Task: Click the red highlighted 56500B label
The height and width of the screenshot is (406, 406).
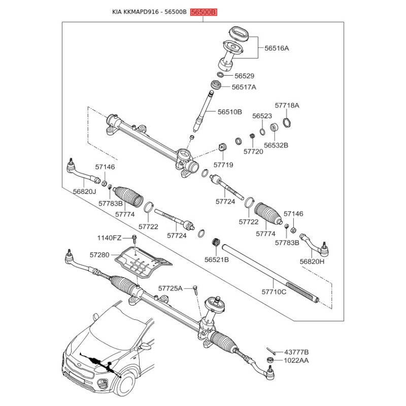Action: click(204, 12)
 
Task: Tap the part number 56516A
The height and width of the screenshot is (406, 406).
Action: click(277, 48)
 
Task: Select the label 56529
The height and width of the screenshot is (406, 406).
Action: click(244, 76)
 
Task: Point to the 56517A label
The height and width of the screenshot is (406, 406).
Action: click(244, 87)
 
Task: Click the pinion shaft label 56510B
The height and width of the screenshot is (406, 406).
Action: click(230, 112)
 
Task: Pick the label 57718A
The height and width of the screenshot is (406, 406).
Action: click(287, 106)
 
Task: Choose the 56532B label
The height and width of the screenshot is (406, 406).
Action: click(276, 145)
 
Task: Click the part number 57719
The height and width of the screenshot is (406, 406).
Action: click(223, 164)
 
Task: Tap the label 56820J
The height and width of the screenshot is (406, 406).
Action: click(84, 192)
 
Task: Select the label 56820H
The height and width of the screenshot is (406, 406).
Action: click(312, 261)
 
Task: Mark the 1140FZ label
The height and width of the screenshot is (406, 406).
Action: click(109, 238)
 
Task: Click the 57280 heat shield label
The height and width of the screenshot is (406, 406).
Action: click(99, 255)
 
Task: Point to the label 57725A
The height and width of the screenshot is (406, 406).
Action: click(171, 288)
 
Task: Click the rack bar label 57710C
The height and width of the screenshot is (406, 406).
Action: click(274, 292)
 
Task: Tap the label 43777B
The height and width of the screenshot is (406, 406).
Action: click(296, 352)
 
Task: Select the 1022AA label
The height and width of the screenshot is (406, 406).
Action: click(296, 360)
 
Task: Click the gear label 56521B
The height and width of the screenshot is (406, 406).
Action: click(217, 259)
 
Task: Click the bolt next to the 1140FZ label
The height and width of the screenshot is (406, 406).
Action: click(134, 239)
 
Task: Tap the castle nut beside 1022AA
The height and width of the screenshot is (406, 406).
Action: click(270, 360)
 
